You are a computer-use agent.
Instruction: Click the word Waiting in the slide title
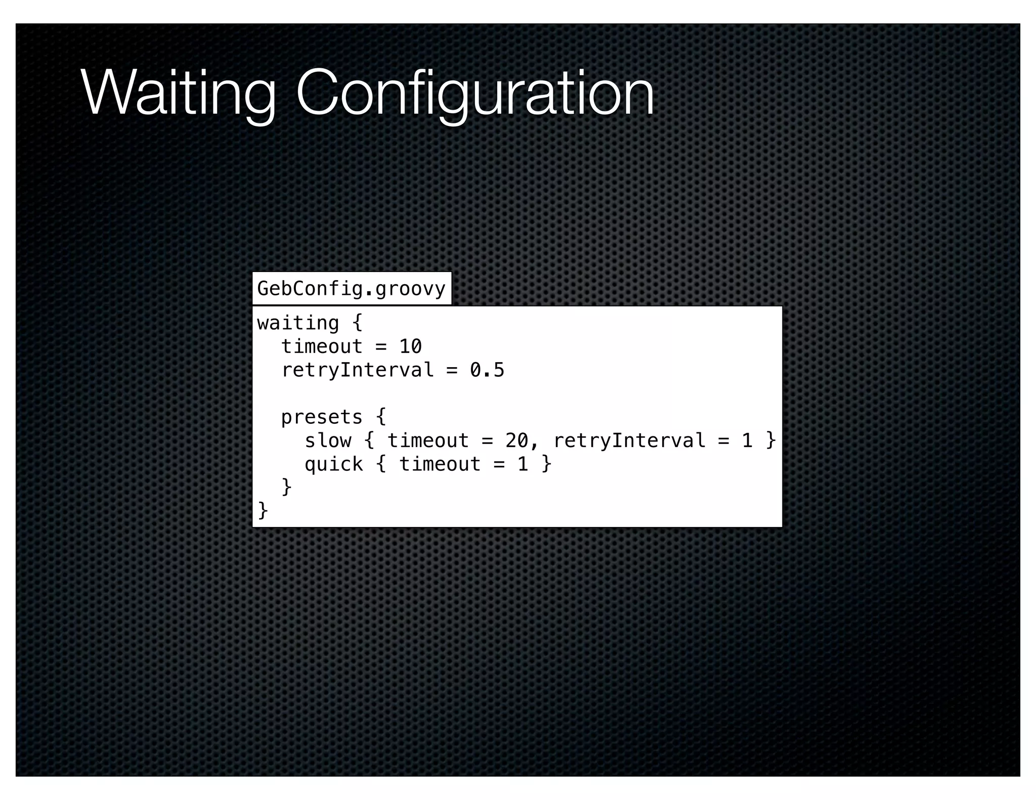click(x=178, y=94)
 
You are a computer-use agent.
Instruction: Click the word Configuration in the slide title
click(x=474, y=94)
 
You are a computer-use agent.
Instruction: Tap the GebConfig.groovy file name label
click(x=351, y=289)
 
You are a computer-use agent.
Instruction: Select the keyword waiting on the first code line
click(x=298, y=323)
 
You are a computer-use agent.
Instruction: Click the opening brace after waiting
click(x=358, y=323)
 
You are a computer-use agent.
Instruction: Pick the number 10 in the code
click(x=410, y=346)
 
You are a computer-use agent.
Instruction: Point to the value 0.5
click(x=487, y=370)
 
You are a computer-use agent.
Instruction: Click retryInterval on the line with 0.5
click(x=357, y=370)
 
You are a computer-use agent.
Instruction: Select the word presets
click(x=322, y=417)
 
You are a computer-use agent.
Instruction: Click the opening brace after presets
click(x=381, y=417)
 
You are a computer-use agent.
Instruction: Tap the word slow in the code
click(x=328, y=440)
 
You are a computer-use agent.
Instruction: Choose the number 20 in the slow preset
click(x=516, y=440)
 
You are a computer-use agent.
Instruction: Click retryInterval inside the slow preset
click(x=629, y=440)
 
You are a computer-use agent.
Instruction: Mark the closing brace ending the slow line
click(x=770, y=440)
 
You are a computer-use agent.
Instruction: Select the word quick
click(x=333, y=464)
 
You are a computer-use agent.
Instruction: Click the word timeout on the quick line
click(x=440, y=464)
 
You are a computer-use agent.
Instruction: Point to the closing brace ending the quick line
click(x=546, y=464)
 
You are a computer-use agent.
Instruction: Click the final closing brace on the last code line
click(x=263, y=511)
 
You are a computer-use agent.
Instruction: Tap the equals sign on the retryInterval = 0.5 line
click(x=452, y=370)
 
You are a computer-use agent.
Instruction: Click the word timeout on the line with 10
click(x=322, y=346)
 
